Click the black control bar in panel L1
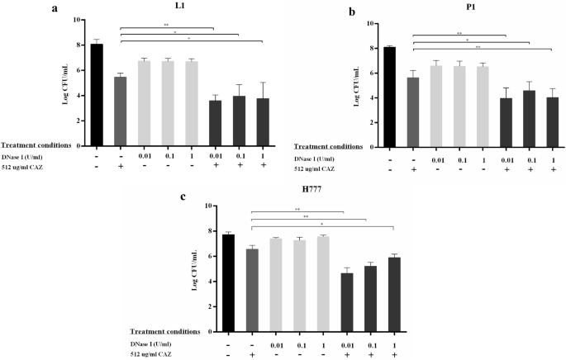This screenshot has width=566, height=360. click(98, 83)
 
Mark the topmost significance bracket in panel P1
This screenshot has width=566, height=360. click(458, 35)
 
